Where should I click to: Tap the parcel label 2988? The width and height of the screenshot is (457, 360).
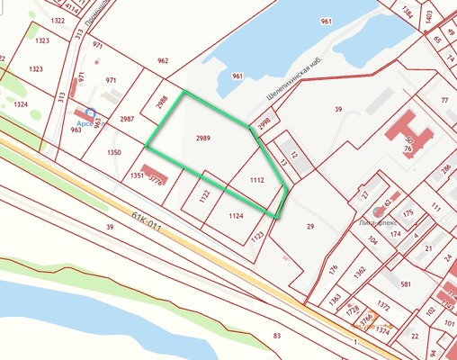click(x=161, y=100)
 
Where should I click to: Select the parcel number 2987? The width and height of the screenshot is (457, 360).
click(x=127, y=119)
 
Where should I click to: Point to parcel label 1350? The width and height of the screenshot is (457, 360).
click(x=113, y=153)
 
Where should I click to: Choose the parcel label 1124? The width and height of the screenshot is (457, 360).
click(x=236, y=216)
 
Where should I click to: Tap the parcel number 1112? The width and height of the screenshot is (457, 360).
click(x=256, y=180)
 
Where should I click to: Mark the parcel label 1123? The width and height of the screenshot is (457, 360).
click(x=256, y=236)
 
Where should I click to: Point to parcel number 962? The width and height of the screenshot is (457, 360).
click(x=162, y=61)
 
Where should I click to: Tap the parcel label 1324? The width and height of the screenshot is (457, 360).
click(x=22, y=104)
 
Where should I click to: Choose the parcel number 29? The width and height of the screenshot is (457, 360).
click(x=310, y=227)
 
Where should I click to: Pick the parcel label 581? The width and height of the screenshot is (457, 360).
click(x=406, y=284)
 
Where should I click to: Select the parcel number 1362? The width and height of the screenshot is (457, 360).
click(x=360, y=269)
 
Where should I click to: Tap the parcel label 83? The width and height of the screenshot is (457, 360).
click(x=277, y=336)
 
